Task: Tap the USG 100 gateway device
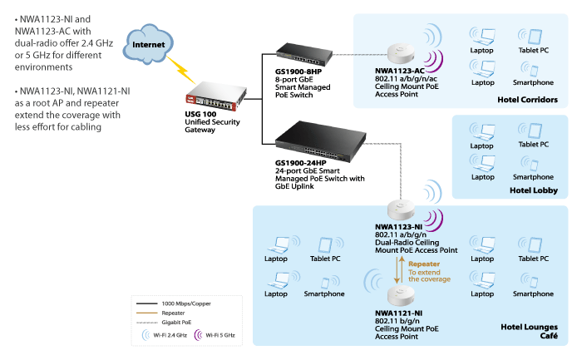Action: [x=212, y=91]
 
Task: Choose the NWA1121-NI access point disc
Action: [x=400, y=297]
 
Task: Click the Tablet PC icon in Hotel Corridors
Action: [x=533, y=37]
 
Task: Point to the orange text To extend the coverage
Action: [x=430, y=274]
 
